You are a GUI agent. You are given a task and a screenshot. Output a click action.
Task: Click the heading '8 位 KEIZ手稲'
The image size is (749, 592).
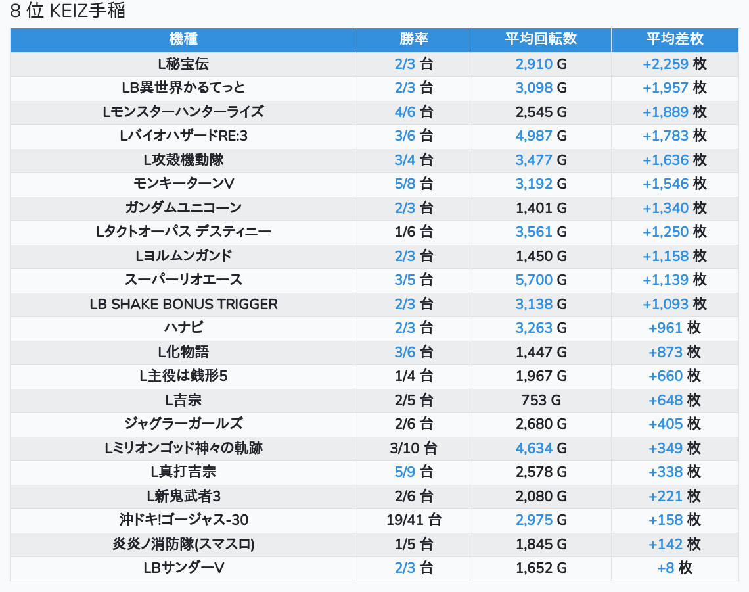pos(68,11)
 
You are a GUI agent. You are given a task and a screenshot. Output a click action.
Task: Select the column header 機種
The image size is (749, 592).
pos(183,39)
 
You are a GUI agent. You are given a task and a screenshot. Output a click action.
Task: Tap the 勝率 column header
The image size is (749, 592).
pos(414,39)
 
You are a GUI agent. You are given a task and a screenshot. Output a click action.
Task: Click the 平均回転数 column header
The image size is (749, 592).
pos(541,39)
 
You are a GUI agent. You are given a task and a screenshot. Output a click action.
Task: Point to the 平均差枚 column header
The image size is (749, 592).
pos(675,39)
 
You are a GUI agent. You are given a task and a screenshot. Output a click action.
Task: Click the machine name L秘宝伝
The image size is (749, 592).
pos(183,64)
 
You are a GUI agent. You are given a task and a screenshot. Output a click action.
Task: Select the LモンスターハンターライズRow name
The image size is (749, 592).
pos(183,112)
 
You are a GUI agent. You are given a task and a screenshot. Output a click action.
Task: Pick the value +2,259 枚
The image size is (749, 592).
pos(675,64)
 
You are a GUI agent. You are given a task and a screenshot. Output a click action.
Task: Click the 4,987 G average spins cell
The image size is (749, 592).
pos(541,136)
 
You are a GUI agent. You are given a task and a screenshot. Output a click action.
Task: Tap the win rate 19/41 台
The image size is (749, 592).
pos(414,520)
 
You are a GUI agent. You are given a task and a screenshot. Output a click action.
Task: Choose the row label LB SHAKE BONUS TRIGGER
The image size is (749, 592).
pos(183,304)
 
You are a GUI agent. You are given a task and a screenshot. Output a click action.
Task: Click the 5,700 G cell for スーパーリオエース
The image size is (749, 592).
pos(541,280)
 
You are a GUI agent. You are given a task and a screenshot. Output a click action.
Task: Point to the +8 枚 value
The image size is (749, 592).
pos(675,568)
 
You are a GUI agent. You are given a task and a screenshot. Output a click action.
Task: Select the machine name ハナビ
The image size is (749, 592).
pos(183,328)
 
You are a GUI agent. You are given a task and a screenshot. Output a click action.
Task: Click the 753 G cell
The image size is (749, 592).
pos(541,400)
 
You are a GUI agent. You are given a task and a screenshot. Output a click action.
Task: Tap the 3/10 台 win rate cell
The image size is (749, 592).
pos(414,448)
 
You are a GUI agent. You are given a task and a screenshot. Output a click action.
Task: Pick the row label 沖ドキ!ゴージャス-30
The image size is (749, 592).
pos(183,520)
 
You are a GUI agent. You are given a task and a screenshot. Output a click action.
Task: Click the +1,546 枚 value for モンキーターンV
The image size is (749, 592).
pos(675,184)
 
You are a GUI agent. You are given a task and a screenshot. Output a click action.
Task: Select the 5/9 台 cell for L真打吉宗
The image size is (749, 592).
pos(414,472)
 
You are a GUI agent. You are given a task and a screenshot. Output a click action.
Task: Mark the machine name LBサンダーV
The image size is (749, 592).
pos(183,568)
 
